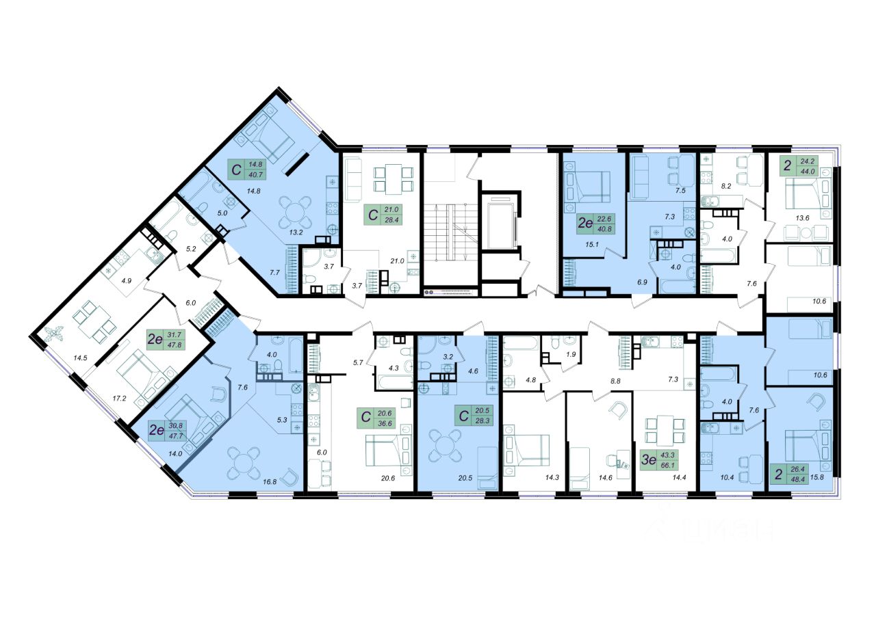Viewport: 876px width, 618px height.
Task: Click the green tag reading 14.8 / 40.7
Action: [248, 170]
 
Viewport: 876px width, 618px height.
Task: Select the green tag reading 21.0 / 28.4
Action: [383, 215]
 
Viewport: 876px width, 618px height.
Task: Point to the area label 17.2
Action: [119, 399]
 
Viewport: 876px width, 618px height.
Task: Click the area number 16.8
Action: [270, 482]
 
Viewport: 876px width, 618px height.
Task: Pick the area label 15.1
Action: [592, 245]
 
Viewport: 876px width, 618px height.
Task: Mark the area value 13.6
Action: [802, 218]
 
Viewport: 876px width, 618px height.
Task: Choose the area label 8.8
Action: [615, 381]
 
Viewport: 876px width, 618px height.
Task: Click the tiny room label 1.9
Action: [571, 354]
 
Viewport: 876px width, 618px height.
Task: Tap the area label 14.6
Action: [605, 477]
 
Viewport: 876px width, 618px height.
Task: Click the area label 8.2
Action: [726, 187]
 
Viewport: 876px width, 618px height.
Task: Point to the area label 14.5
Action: [80, 358]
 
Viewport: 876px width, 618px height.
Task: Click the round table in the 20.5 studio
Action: [446, 445]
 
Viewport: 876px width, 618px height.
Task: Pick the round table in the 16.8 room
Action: [243, 464]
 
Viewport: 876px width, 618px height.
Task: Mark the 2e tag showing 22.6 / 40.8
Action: [596, 224]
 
